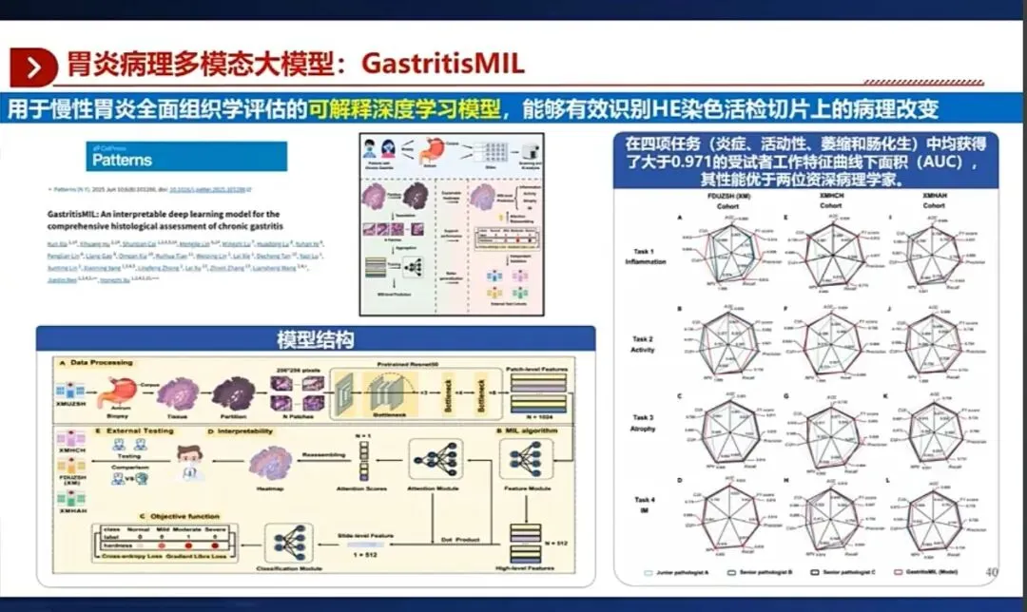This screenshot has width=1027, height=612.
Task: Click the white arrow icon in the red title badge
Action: (35, 67)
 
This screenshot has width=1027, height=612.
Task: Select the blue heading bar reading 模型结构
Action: (316, 338)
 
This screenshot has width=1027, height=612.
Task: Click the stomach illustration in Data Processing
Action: (95, 392)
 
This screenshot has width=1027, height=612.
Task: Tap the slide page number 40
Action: (991, 572)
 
